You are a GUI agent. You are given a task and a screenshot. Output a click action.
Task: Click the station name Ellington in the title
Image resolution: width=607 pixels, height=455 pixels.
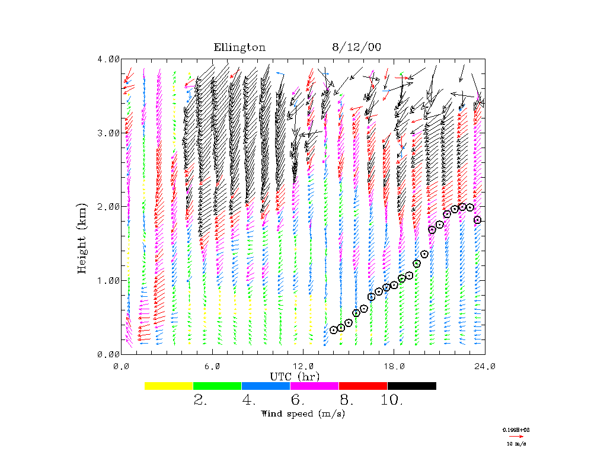[239, 48]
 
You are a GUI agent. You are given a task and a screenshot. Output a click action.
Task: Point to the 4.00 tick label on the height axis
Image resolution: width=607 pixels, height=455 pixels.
[108, 59]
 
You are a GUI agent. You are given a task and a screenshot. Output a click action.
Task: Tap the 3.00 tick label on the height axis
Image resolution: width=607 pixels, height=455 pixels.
[108, 133]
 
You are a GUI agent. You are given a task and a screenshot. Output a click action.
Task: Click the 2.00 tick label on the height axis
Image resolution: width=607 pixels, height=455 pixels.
[108, 206]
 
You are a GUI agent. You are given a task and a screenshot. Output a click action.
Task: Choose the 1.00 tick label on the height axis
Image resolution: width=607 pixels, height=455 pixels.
[108, 280]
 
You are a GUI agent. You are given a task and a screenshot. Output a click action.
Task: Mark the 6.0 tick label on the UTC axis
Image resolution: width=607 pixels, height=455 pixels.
[212, 366]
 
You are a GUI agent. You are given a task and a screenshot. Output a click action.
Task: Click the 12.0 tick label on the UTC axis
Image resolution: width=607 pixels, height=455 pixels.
[303, 366]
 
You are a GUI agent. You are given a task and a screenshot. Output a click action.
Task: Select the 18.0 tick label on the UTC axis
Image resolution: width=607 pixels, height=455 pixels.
[394, 366]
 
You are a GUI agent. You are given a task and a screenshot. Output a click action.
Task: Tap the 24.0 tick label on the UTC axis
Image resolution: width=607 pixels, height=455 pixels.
[485, 366]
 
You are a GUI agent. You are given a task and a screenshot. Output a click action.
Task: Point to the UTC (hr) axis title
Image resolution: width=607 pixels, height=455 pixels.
[295, 376]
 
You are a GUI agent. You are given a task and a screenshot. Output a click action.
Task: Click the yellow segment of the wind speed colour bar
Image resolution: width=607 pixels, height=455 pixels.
[168, 386]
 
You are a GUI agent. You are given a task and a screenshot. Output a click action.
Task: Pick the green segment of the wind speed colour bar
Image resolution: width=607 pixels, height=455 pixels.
[217, 386]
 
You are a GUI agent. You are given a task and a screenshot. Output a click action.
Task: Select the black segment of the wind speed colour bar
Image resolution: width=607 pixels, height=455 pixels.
[411, 386]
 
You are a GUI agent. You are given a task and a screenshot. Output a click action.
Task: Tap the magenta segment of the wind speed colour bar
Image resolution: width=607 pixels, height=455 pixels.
[314, 386]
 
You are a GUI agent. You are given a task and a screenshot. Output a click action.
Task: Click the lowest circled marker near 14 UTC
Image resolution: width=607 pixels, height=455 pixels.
[334, 330]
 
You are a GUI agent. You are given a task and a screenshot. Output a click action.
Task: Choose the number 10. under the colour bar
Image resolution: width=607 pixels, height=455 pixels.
[392, 400]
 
